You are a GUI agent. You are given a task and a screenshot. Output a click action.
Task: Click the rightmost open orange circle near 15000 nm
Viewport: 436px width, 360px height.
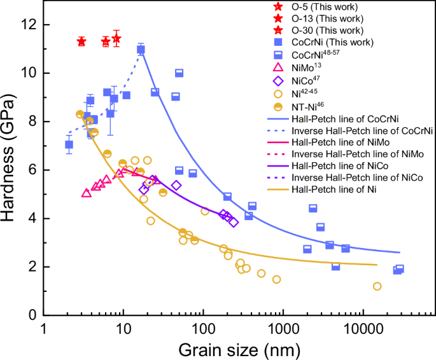tap(377, 286)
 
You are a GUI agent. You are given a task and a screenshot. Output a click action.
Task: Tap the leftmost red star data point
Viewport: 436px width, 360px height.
tap(81, 41)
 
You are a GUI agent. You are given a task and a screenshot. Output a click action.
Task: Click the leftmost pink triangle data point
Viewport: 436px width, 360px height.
tap(87, 193)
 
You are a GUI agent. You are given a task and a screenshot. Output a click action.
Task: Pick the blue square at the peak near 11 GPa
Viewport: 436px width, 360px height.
tap(141, 49)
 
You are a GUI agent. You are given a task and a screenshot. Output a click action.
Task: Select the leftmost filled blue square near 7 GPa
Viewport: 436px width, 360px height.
tap(69, 144)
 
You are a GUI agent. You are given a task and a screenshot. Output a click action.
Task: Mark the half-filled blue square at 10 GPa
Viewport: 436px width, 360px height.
tap(179, 73)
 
